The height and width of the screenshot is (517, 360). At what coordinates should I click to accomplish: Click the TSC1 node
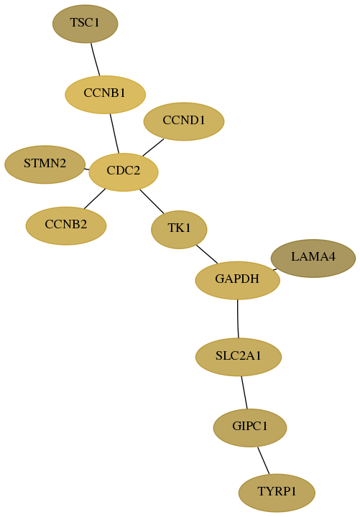(x=85, y=24)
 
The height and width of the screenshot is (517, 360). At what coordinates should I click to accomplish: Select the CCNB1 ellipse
(x=105, y=95)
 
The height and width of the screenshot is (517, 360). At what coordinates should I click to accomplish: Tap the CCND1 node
(x=184, y=121)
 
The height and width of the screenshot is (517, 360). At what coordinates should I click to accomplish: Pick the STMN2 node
(x=45, y=164)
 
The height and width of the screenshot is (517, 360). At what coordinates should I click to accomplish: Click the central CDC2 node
(x=124, y=172)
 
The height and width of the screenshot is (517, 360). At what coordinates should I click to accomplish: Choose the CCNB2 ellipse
(x=66, y=226)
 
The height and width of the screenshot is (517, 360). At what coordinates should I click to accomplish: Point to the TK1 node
(x=179, y=230)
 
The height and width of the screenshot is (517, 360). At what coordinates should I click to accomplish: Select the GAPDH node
(x=238, y=280)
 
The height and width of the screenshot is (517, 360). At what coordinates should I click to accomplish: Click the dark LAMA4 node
(x=313, y=258)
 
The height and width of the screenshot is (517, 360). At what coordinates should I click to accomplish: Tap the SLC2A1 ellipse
(x=239, y=357)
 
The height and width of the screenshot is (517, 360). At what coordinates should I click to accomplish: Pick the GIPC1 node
(x=250, y=428)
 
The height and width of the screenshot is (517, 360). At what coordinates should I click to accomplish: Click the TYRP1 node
(x=277, y=493)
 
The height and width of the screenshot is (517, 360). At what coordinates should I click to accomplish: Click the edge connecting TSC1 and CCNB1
(x=96, y=60)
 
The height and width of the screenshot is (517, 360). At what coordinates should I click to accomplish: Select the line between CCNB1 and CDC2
(x=114, y=134)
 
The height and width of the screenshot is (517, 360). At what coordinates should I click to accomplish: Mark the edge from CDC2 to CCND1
(x=153, y=147)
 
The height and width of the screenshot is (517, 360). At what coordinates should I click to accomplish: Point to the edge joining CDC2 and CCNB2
(x=94, y=199)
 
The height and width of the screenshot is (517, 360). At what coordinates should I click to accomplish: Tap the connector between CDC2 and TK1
(x=152, y=201)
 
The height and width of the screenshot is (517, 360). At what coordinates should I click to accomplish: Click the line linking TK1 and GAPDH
(x=207, y=254)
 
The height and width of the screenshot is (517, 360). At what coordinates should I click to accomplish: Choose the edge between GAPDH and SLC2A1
(x=238, y=319)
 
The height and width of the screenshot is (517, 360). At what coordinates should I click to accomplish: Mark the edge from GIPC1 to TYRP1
(x=263, y=460)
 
